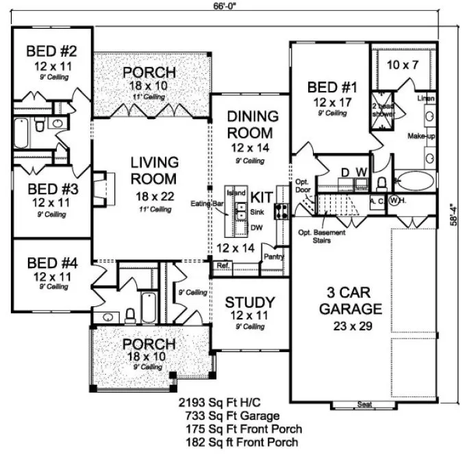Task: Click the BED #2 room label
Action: coord(51,51)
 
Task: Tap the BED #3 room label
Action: coord(51,188)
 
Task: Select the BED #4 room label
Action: coord(51,261)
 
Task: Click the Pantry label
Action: coord(273,256)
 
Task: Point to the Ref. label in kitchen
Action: coord(223,265)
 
